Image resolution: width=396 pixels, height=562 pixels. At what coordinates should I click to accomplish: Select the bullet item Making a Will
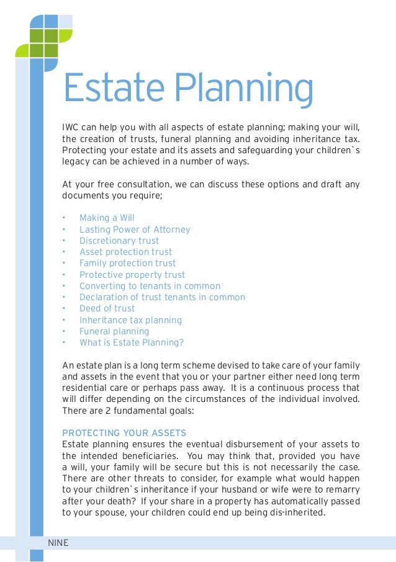click(x=107, y=218)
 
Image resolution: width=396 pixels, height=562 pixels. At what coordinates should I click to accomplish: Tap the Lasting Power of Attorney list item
click(x=135, y=230)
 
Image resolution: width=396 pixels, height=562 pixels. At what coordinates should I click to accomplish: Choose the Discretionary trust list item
click(x=119, y=241)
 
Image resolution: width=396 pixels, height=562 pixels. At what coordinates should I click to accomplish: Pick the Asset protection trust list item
click(x=126, y=252)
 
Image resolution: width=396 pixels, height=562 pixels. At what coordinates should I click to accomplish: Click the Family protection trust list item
click(x=128, y=263)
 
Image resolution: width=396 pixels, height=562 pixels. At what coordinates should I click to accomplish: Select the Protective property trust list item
click(x=132, y=275)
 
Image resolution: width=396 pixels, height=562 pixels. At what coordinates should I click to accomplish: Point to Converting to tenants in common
click(x=150, y=286)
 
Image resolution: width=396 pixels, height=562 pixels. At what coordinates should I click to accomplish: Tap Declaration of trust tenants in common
click(x=162, y=297)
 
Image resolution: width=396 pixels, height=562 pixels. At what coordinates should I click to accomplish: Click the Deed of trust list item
click(x=107, y=308)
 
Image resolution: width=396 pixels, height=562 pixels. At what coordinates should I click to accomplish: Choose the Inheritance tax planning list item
click(x=130, y=320)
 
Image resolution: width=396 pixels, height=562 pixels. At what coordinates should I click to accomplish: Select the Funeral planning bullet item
click(x=114, y=331)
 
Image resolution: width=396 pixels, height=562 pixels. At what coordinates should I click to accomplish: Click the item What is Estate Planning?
click(x=132, y=342)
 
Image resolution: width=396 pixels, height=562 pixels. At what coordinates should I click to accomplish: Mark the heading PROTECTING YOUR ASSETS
click(x=124, y=432)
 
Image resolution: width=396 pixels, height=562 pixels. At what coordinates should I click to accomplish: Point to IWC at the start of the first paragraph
click(x=70, y=128)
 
